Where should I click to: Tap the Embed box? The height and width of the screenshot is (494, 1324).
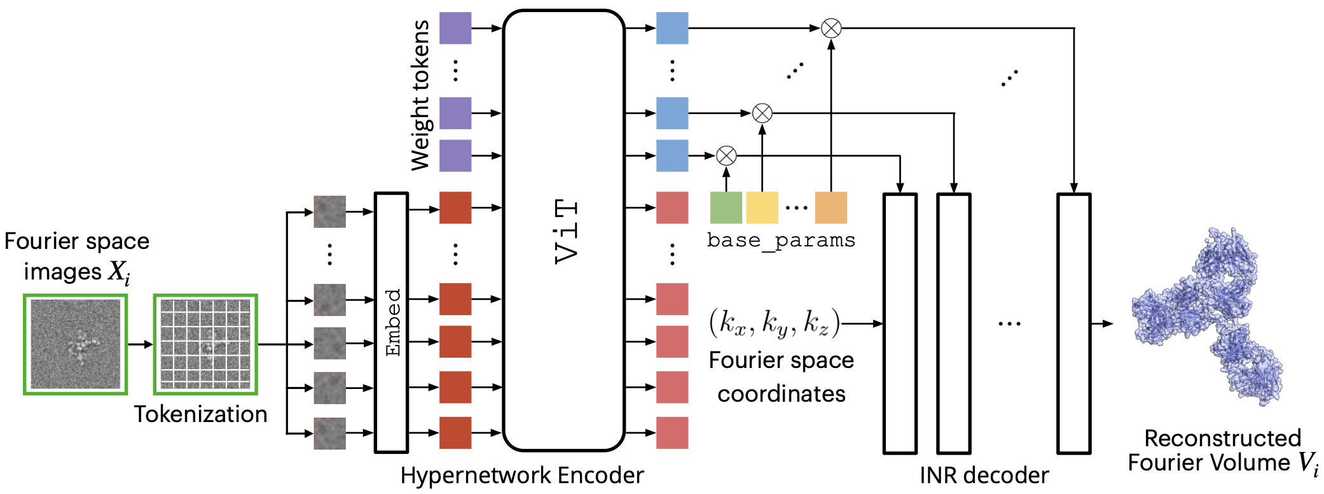[x=392, y=322]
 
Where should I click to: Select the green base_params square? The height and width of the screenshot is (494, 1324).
[x=726, y=208]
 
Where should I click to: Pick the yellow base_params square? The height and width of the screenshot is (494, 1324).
[x=762, y=208]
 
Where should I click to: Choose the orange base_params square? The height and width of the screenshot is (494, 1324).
[x=831, y=208]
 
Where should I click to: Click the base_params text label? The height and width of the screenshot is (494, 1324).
[x=781, y=241]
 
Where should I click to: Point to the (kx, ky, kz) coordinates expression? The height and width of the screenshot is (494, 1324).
[x=775, y=323]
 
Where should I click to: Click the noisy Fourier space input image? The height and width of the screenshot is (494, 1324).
[x=76, y=344]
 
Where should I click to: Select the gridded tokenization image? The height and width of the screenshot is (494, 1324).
[x=205, y=344]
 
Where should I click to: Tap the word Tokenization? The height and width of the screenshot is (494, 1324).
[x=200, y=414]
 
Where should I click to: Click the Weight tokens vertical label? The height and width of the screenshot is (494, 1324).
[x=420, y=95]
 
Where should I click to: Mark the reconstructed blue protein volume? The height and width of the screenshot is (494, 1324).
[x=1207, y=317]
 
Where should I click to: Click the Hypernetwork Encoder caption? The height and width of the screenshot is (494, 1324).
[x=521, y=476]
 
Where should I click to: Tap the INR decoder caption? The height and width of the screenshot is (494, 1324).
[x=984, y=476]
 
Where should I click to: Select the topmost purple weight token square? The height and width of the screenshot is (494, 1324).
[x=455, y=28]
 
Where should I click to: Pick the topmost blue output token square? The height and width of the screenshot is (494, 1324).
[x=672, y=28]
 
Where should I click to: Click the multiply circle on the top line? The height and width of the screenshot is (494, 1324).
[x=831, y=28]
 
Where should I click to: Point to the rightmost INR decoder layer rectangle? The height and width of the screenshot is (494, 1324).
[x=1074, y=323]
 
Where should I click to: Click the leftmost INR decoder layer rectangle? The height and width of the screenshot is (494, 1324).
[x=900, y=323]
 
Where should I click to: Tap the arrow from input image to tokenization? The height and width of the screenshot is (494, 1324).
[x=140, y=344]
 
